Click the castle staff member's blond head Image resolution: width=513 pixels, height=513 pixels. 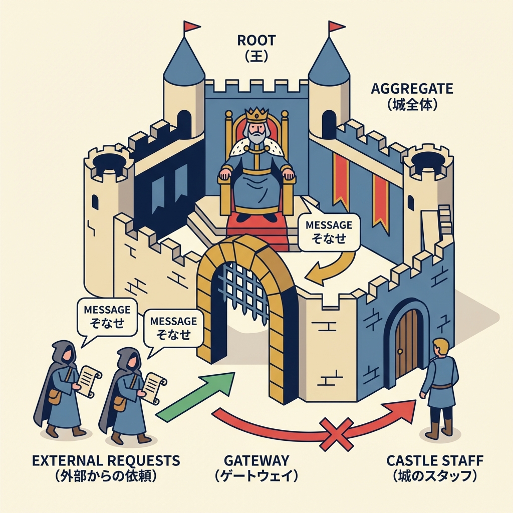[x=441, y=347]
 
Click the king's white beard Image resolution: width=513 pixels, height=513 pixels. [x=256, y=134]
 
